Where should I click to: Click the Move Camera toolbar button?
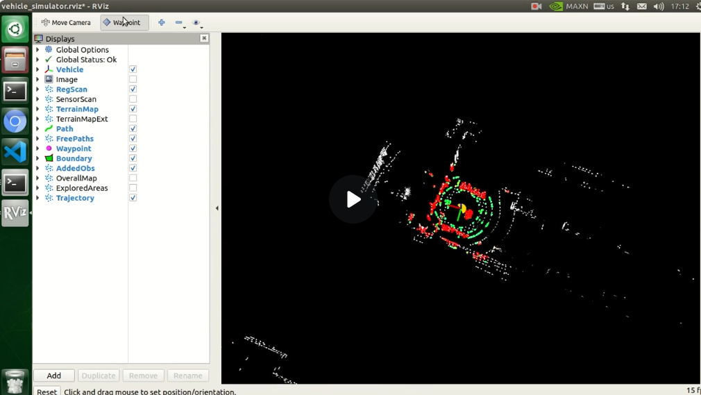pyautogui.click(x=66, y=22)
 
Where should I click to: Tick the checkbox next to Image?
pyautogui.click(x=133, y=79)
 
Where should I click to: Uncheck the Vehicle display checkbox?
pyautogui.click(x=133, y=69)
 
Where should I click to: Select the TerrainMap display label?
pyautogui.click(x=77, y=109)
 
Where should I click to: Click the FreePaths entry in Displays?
pyautogui.click(x=74, y=139)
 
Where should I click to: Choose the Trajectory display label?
pyautogui.click(x=75, y=198)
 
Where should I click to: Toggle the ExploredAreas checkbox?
pyautogui.click(x=133, y=188)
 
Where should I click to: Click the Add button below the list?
pyautogui.click(x=53, y=376)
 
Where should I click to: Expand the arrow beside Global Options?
pyautogui.click(x=37, y=50)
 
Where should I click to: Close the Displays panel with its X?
pyautogui.click(x=204, y=38)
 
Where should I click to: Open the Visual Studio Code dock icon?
pyautogui.click(x=15, y=151)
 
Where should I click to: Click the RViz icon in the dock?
pyautogui.click(x=15, y=213)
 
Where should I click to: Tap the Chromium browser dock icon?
pyautogui.click(x=15, y=121)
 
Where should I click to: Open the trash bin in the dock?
pyautogui.click(x=15, y=381)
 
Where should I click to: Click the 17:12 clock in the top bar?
pyautogui.click(x=679, y=6)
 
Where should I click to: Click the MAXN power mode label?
pyautogui.click(x=577, y=6)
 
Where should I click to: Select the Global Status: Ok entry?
pyautogui.click(x=86, y=60)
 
